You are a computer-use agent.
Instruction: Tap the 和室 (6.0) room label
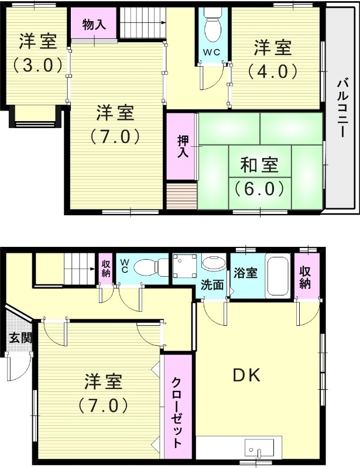click(x=259, y=176)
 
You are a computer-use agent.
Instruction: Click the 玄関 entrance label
click(x=15, y=338)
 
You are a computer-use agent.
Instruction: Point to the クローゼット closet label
click(x=176, y=413)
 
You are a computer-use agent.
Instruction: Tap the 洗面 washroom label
click(x=212, y=285)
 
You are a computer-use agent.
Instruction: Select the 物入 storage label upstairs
click(x=94, y=25)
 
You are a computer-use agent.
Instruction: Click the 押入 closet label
click(x=182, y=146)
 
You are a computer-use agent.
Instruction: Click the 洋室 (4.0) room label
click(x=273, y=58)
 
